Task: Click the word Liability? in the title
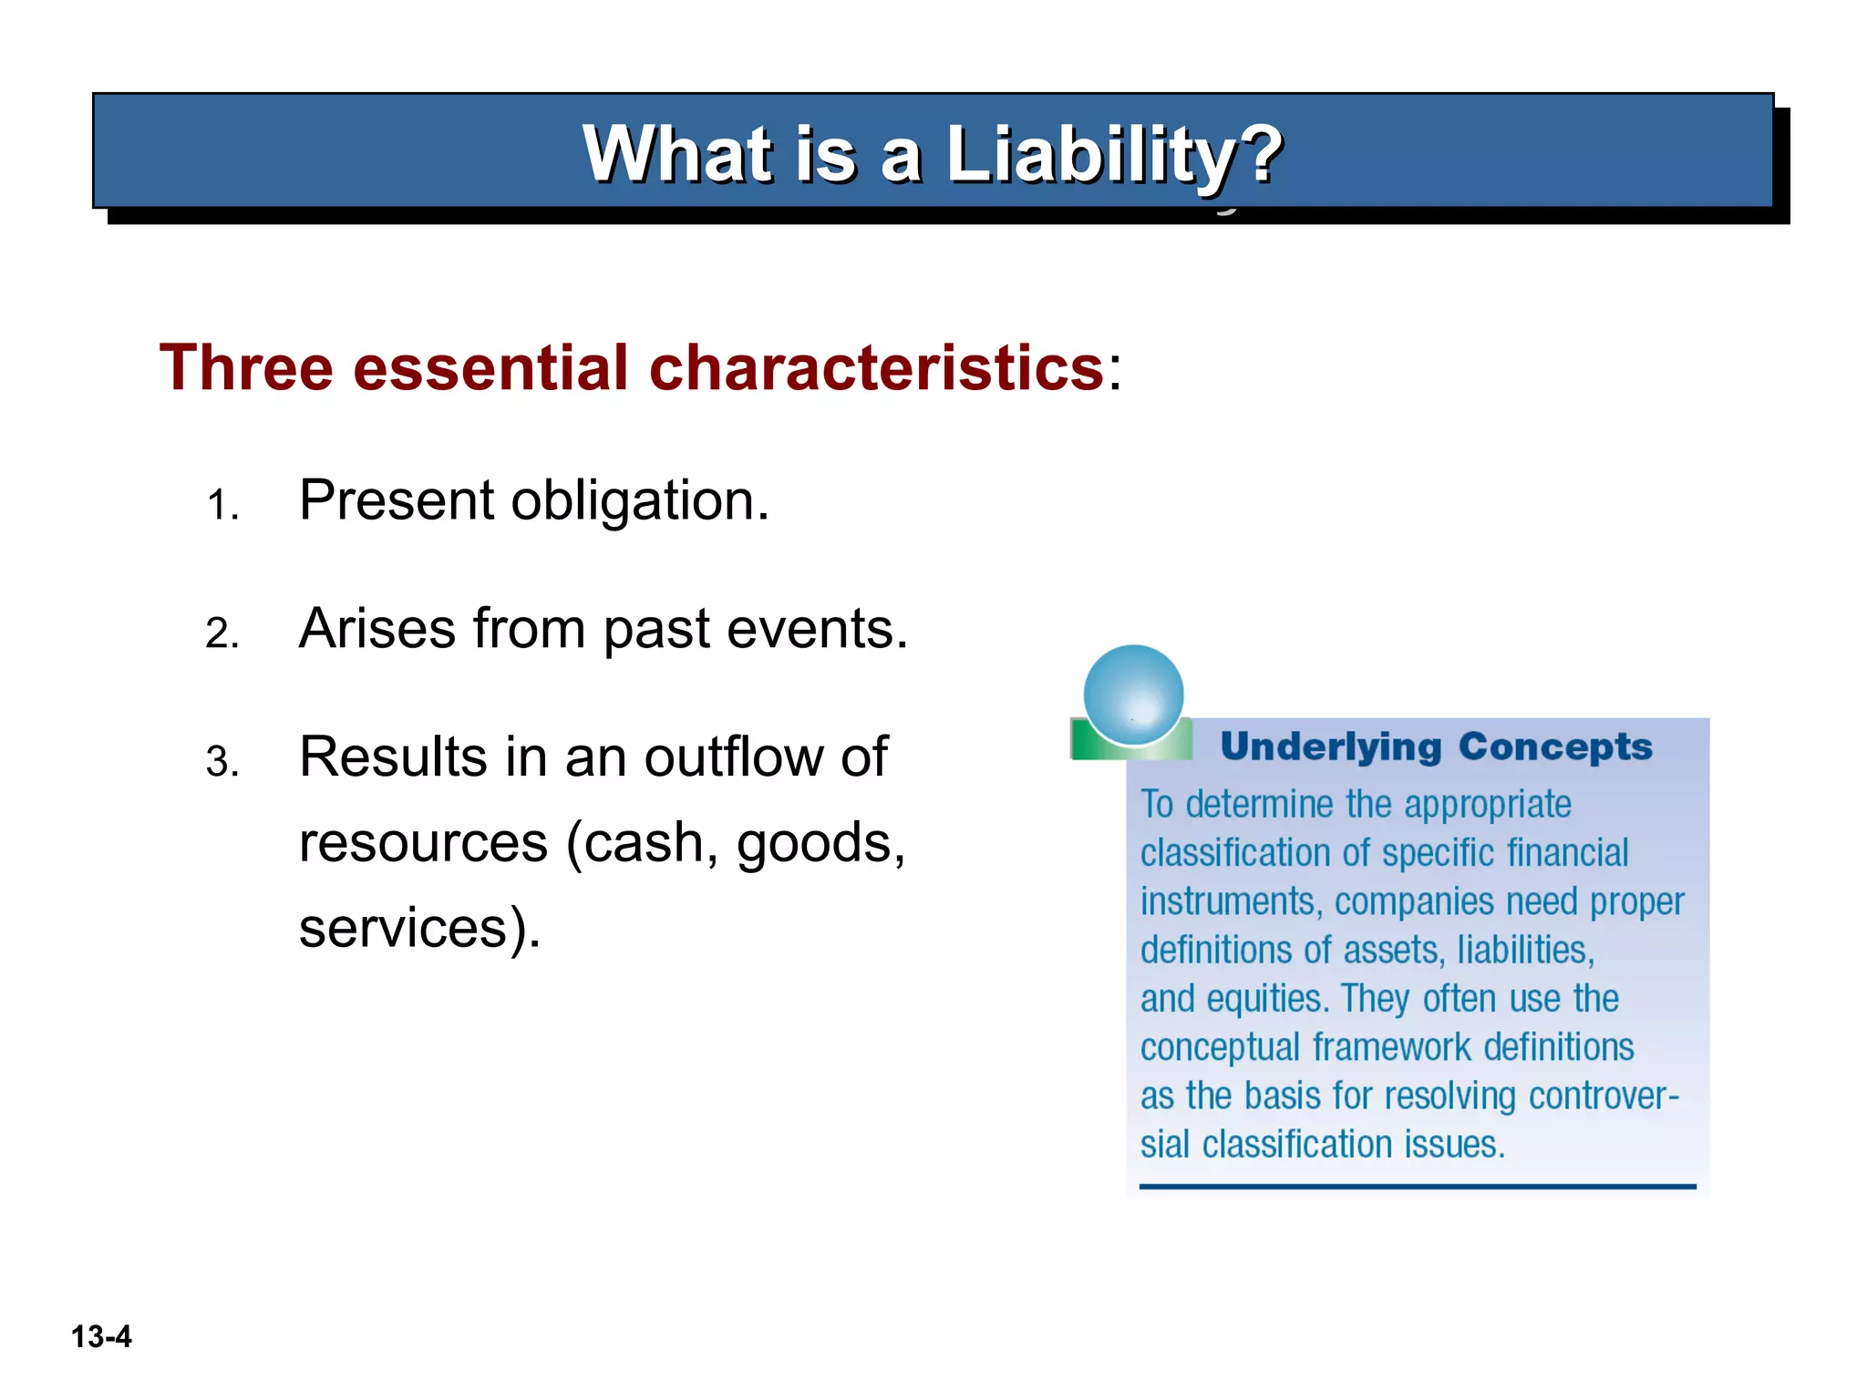click(1114, 155)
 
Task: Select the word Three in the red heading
click(246, 368)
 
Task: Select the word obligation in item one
click(639, 501)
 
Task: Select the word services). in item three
click(419, 929)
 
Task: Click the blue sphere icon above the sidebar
click(1133, 695)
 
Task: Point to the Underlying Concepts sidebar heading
click(1436, 746)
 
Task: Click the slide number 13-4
click(101, 1337)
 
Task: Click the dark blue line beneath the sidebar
click(1418, 1187)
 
